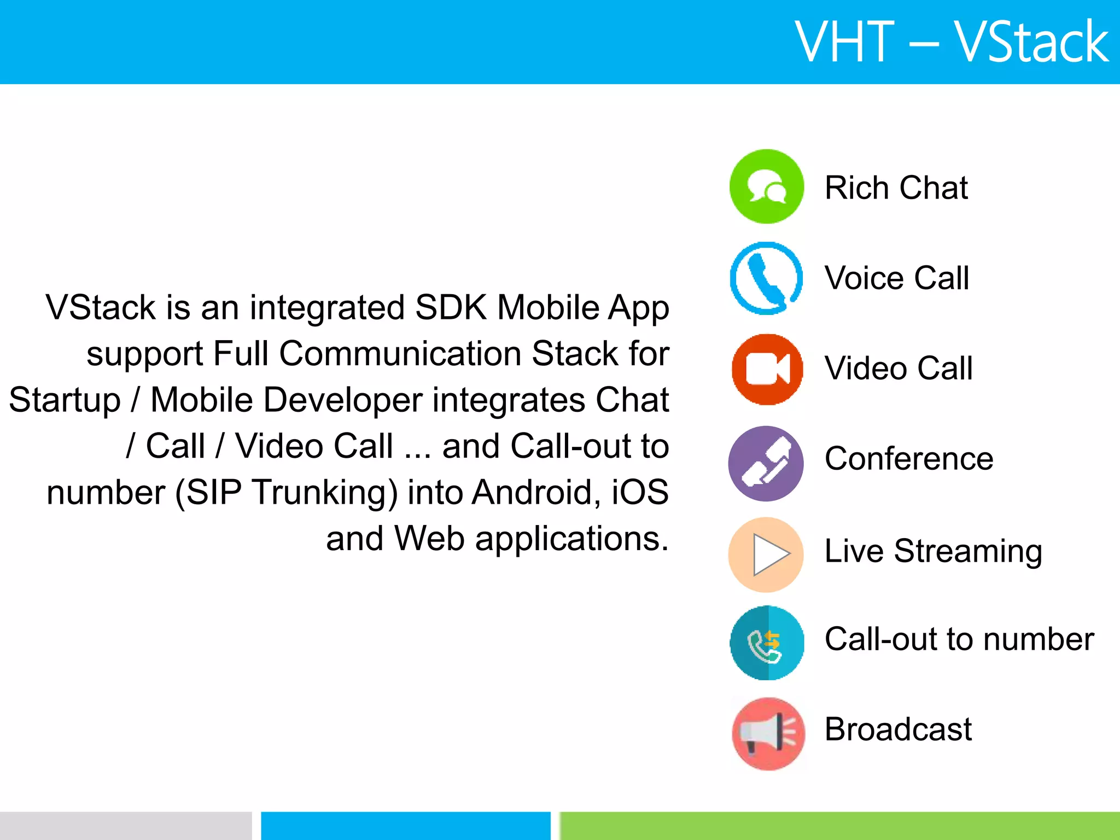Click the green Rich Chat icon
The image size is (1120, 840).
coord(767,186)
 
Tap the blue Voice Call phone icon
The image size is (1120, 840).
coord(767,278)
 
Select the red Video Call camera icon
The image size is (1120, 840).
coord(767,369)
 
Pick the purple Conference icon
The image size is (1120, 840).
coord(766,463)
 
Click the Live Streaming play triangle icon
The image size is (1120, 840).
coord(766,555)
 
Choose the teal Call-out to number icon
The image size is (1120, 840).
coord(767,643)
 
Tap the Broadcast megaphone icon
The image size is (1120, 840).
coord(768,733)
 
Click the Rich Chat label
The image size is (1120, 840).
coord(896,188)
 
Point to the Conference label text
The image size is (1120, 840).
coord(909,458)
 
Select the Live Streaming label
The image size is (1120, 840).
coord(933,551)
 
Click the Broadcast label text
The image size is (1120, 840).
coord(898,729)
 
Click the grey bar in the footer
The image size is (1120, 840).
coord(125,826)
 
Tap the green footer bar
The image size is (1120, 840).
coord(839,826)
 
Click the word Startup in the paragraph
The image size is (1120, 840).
coord(65,400)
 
